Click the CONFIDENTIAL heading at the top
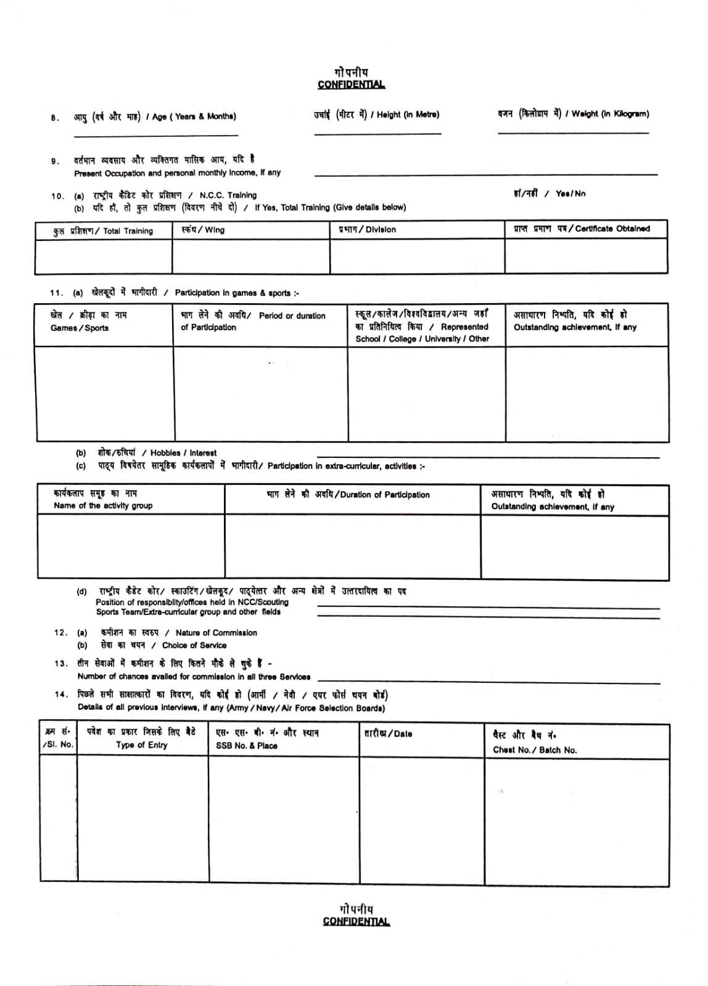tap(351, 84)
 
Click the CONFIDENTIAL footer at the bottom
tap(356, 921)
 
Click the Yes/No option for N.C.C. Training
tap(570, 194)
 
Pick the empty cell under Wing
tap(251, 256)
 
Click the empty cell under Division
tap(417, 256)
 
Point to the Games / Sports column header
tap(80, 328)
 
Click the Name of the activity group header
tap(103, 505)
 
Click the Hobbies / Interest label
tap(183, 452)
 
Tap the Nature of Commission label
tap(216, 632)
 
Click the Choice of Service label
tap(194, 645)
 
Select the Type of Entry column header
tap(141, 744)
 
